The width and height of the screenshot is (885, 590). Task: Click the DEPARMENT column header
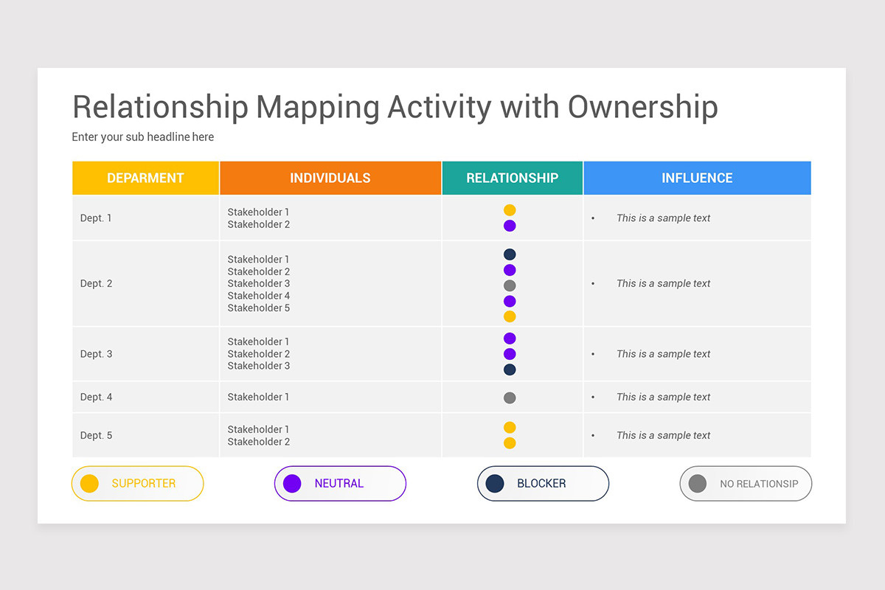click(145, 178)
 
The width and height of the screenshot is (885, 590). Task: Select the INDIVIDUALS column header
click(330, 178)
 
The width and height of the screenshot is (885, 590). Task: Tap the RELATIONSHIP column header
click(512, 178)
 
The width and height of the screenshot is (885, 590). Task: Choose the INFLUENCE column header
click(697, 178)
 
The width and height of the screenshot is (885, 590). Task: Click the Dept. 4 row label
click(97, 397)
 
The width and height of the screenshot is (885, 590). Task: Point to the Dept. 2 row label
click(97, 283)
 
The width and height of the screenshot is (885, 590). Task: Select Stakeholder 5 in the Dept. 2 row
click(259, 308)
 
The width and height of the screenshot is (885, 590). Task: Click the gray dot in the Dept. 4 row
click(510, 398)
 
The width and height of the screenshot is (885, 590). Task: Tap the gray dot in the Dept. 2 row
click(510, 285)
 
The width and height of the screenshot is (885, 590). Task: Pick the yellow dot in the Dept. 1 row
click(510, 210)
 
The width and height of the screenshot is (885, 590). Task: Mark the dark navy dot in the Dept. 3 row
click(510, 369)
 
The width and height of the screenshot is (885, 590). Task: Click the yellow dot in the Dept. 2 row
click(510, 316)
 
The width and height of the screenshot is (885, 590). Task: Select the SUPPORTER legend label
click(144, 484)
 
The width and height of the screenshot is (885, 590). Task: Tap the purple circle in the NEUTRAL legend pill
click(293, 484)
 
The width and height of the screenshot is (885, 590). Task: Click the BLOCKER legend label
click(541, 484)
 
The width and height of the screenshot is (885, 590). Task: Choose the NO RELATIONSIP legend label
click(759, 484)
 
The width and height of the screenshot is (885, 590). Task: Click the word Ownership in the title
click(642, 107)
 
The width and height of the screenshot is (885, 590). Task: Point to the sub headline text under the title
click(143, 136)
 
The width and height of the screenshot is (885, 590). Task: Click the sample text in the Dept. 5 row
click(664, 435)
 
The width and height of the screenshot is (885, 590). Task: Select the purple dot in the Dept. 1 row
click(510, 226)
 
